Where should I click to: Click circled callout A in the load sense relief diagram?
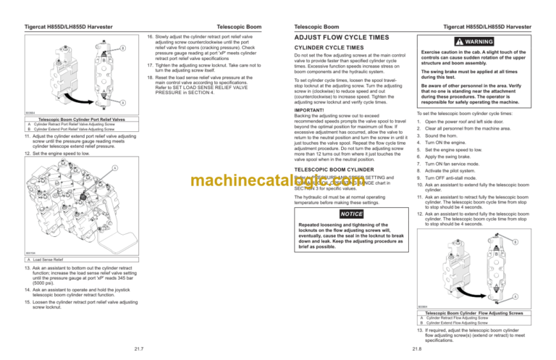(114, 168)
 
